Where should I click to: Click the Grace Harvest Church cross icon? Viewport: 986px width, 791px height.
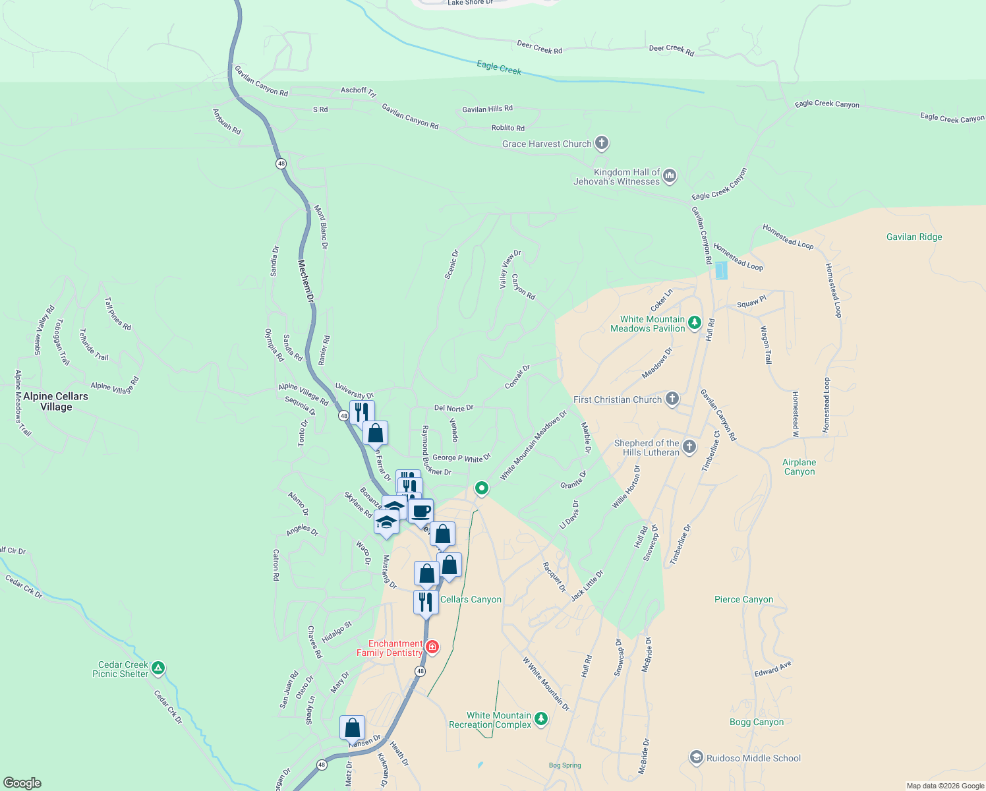601,143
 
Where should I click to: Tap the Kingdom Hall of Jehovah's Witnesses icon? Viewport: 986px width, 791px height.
670,175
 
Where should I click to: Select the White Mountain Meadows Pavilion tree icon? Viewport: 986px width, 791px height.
694,323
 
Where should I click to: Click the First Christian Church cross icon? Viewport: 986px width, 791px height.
672,399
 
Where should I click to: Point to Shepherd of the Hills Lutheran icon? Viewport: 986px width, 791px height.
689,447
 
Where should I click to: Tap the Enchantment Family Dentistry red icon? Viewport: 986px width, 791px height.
432,647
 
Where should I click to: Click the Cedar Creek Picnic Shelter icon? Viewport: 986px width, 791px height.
158,668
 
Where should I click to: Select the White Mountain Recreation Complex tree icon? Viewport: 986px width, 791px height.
540,719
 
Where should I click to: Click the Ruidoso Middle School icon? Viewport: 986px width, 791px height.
696,758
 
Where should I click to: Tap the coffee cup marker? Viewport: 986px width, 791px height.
420,511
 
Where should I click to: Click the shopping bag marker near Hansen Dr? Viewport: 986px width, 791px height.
353,728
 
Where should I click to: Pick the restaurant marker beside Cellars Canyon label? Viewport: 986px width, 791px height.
426,601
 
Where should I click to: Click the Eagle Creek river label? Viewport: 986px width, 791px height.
499,67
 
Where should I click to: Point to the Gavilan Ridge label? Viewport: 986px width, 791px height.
913,237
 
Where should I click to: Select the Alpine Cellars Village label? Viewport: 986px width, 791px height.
55,401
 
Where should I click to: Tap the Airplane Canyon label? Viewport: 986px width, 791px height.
799,467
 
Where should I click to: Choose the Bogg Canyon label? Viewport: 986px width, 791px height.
757,722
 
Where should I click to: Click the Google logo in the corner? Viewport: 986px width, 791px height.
22,782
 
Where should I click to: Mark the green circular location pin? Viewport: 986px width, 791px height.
482,488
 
